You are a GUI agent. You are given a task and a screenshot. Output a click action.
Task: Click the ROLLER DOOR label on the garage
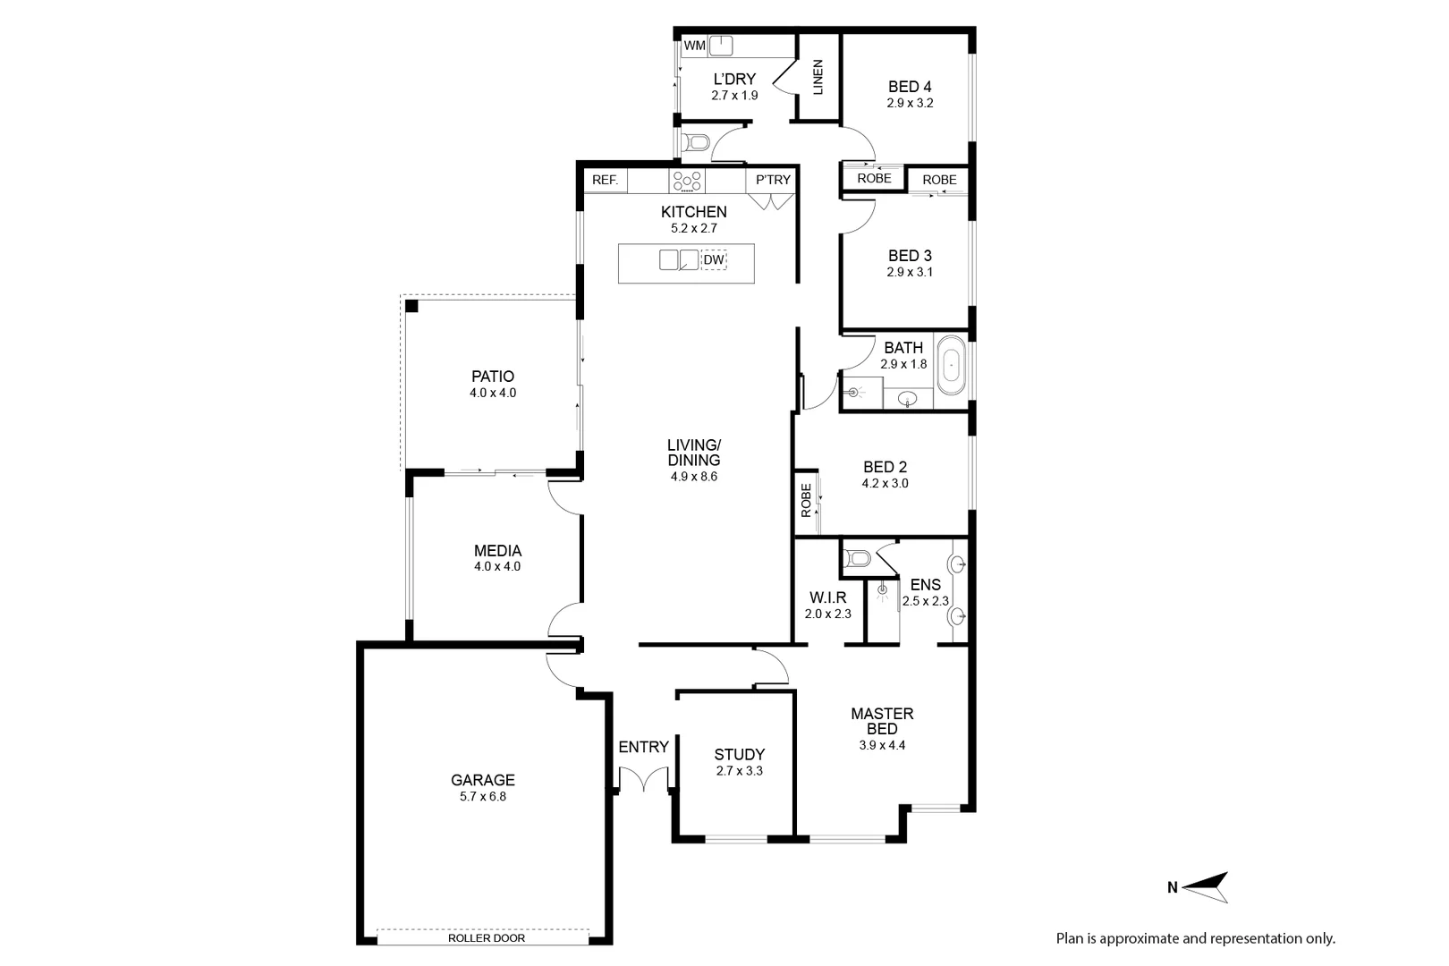[486, 938]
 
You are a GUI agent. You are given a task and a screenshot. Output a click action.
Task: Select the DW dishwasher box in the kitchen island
[713, 260]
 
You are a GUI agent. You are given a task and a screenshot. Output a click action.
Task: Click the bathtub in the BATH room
[951, 365]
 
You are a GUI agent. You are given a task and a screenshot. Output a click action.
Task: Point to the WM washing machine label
[694, 46]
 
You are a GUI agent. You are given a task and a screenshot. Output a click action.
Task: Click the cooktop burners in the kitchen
[687, 181]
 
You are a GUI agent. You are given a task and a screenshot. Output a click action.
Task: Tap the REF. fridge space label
[605, 180]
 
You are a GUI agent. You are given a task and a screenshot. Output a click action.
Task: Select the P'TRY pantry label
[773, 180]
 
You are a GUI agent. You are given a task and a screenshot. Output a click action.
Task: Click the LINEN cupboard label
[818, 78]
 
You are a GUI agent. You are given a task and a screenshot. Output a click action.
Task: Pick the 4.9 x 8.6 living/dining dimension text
[694, 477]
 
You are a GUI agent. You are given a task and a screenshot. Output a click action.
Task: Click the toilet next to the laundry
[696, 142]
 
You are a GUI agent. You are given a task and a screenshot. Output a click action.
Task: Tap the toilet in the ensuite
[859, 559]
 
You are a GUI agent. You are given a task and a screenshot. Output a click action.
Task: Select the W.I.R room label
[827, 597]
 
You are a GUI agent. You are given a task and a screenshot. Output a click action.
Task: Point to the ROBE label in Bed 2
[806, 501]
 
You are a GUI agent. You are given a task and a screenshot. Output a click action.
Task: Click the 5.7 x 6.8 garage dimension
[483, 797]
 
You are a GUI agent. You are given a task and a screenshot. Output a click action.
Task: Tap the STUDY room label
[739, 754]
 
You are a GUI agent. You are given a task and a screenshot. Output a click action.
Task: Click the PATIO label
[493, 377]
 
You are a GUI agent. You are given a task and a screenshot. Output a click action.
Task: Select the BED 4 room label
[910, 87]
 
